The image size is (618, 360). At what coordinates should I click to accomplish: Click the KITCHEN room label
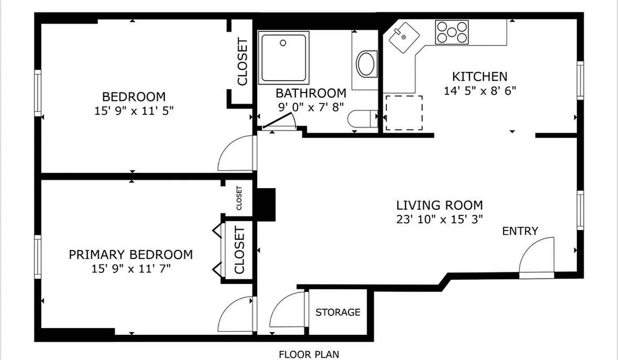coord(479,76)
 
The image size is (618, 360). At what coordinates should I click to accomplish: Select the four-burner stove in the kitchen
coord(451,32)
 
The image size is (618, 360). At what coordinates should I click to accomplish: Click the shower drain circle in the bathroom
coord(283,43)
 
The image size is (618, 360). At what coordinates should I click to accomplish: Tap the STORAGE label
coord(338,312)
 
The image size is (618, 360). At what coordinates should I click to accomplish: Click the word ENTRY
coord(520,231)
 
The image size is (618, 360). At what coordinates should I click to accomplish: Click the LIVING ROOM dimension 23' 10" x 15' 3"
coord(439,220)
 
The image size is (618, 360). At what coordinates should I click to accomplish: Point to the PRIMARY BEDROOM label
coord(131,255)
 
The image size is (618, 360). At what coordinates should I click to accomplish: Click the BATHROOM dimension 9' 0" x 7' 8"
coord(311,107)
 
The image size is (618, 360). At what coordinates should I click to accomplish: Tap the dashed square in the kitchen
coord(404,112)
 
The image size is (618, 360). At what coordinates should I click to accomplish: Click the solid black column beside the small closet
coord(266,204)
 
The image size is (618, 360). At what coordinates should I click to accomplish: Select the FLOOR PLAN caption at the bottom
coord(308,354)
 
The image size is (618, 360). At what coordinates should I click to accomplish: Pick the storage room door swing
coord(288,310)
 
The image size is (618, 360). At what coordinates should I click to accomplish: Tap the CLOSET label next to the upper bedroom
coord(242,62)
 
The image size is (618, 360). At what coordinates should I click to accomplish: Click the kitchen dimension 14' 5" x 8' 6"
coord(479,90)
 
